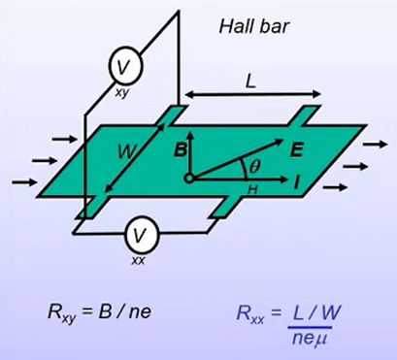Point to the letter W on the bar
(126, 153)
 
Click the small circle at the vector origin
(188, 179)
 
